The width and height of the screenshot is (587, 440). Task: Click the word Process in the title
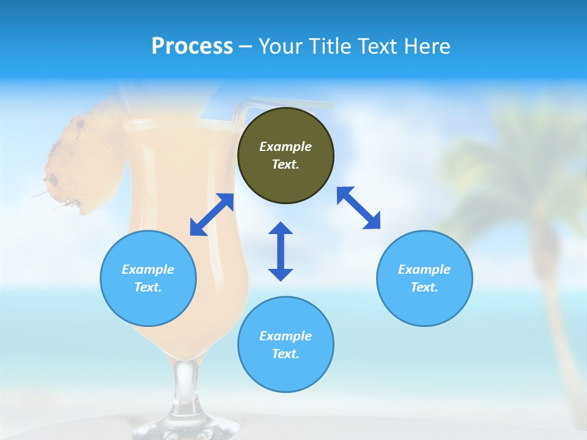click(x=192, y=46)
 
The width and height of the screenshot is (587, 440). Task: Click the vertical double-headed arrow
click(x=281, y=251)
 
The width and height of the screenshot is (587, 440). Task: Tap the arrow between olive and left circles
click(x=212, y=215)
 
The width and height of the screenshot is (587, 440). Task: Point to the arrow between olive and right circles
click(x=358, y=208)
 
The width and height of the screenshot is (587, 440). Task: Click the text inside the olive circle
click(x=286, y=155)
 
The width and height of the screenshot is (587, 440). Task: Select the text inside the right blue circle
click(x=424, y=278)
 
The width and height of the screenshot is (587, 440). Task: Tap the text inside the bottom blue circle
click(x=286, y=345)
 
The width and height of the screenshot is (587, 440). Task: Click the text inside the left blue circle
click(x=148, y=278)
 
